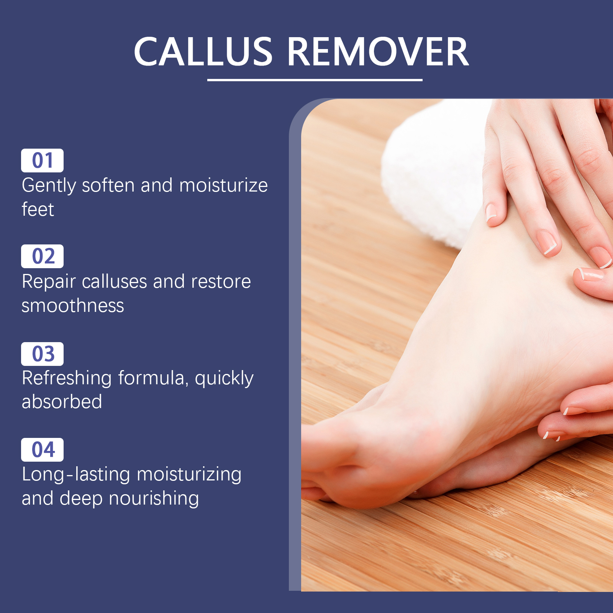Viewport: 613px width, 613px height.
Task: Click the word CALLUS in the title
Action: pos(203,51)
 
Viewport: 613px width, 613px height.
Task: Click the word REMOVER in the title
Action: pos(378,51)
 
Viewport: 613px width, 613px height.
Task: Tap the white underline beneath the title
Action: pos(315,80)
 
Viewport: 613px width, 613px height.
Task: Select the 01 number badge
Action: pos(42,161)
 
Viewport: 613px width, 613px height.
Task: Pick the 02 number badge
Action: pos(42,256)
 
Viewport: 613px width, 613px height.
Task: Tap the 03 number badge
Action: pos(42,354)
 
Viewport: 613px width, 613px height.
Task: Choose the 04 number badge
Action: pos(42,450)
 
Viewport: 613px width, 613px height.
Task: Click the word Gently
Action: pos(49,186)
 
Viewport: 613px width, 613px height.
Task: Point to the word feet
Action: pos(38,209)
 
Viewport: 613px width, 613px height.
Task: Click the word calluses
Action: pos(115,282)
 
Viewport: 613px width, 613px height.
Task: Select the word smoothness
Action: pos(73,306)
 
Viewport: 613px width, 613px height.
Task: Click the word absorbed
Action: pos(62,402)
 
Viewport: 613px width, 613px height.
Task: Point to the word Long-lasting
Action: pos(76,475)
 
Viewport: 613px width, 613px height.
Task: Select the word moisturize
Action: pos(223,185)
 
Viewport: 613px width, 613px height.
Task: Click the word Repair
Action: pos(49,282)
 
